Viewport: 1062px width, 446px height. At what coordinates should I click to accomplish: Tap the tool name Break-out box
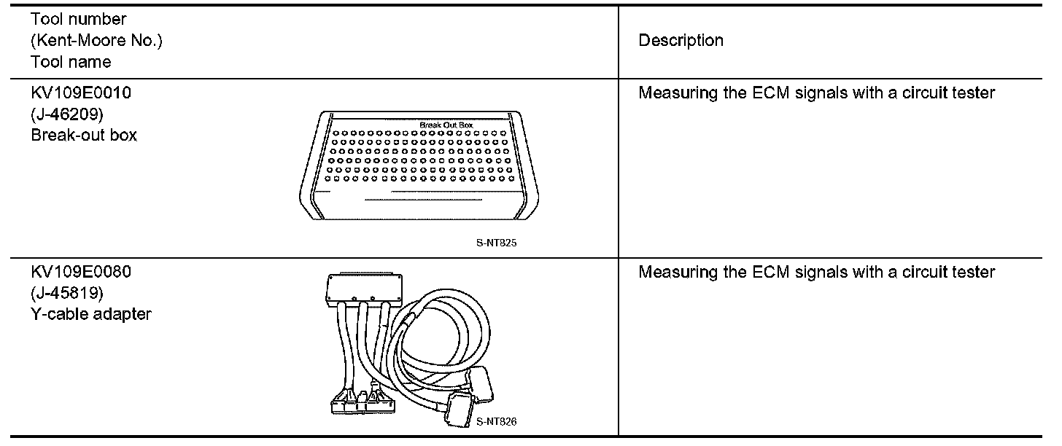coord(84,136)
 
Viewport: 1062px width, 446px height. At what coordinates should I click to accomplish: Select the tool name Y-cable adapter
coord(91,315)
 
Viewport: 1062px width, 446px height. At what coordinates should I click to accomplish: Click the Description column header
coord(681,41)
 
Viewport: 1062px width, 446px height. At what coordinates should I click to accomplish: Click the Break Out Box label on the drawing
coord(446,125)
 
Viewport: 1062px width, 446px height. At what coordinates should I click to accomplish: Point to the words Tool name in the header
coord(71,62)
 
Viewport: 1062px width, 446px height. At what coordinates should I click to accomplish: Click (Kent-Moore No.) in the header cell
coord(96,41)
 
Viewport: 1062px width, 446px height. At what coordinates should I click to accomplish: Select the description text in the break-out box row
coord(816,93)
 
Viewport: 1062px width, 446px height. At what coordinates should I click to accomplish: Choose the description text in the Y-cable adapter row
coord(816,273)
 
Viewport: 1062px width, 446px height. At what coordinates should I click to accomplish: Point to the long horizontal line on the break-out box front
coord(423,198)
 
